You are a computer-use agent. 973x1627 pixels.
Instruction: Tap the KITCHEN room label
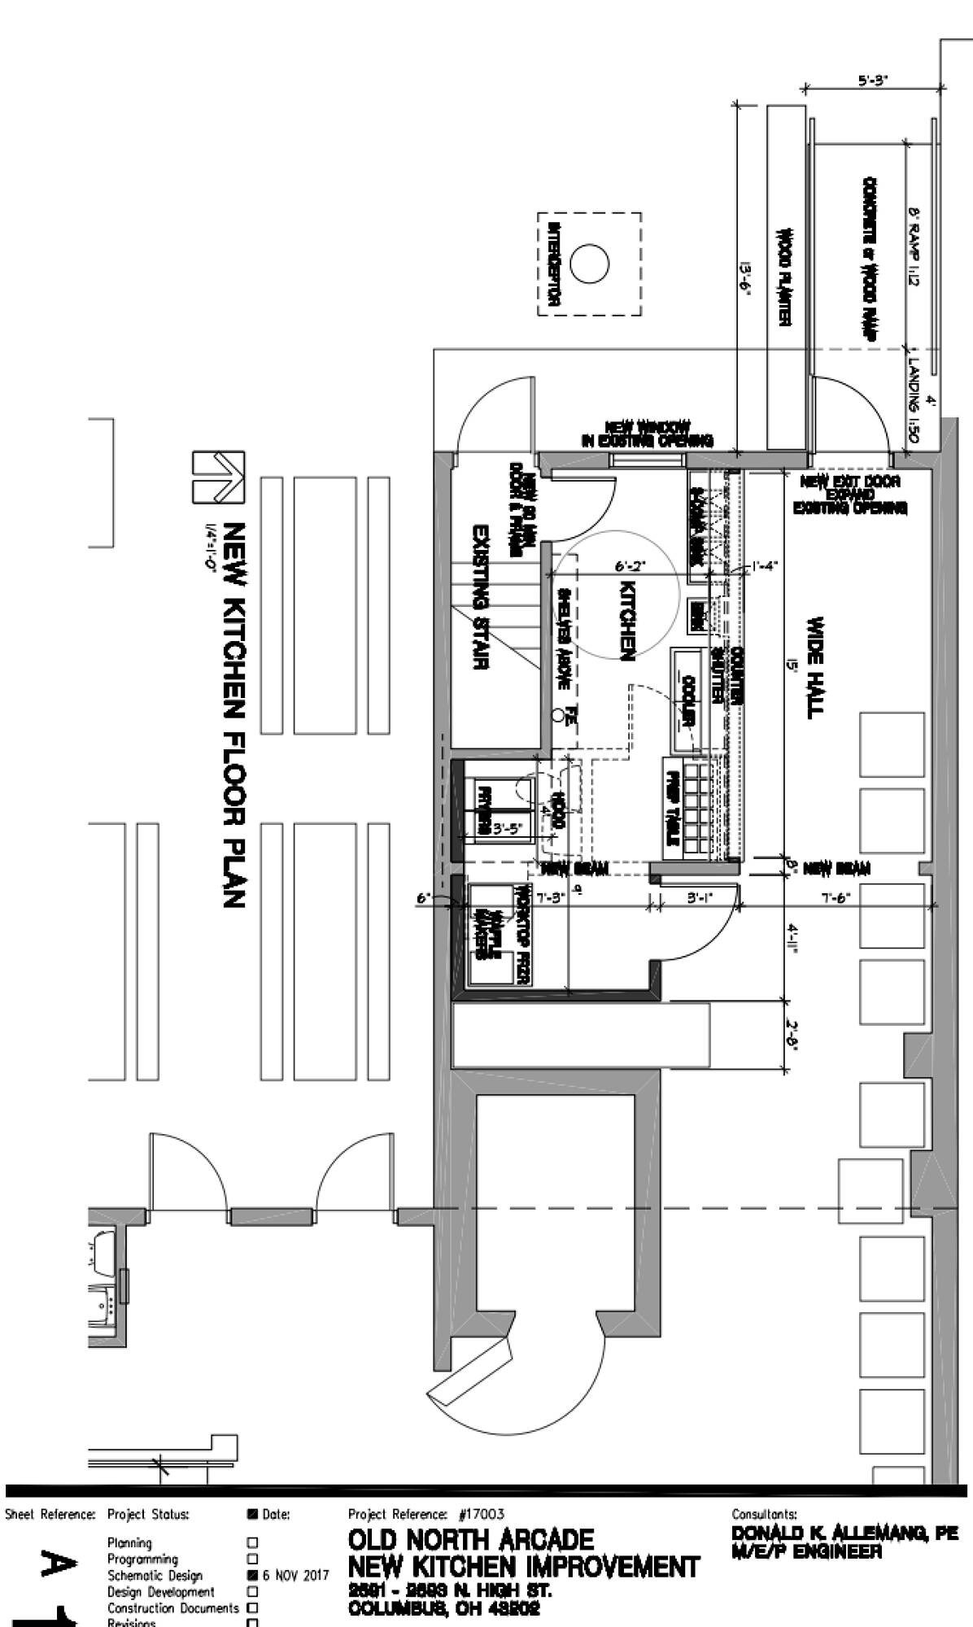point(627,621)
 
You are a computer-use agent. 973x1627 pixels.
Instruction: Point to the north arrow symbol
point(216,477)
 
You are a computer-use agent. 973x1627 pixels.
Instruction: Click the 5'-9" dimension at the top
point(873,80)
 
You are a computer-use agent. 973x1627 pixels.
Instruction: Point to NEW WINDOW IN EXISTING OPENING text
point(648,434)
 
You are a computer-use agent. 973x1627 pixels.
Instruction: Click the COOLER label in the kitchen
point(687,700)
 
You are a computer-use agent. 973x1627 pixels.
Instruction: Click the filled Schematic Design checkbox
point(252,1575)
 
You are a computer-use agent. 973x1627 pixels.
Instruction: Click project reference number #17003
point(482,1514)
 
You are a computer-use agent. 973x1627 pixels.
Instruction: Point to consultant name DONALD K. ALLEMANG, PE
point(845,1533)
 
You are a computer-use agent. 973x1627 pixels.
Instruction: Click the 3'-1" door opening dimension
point(699,898)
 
